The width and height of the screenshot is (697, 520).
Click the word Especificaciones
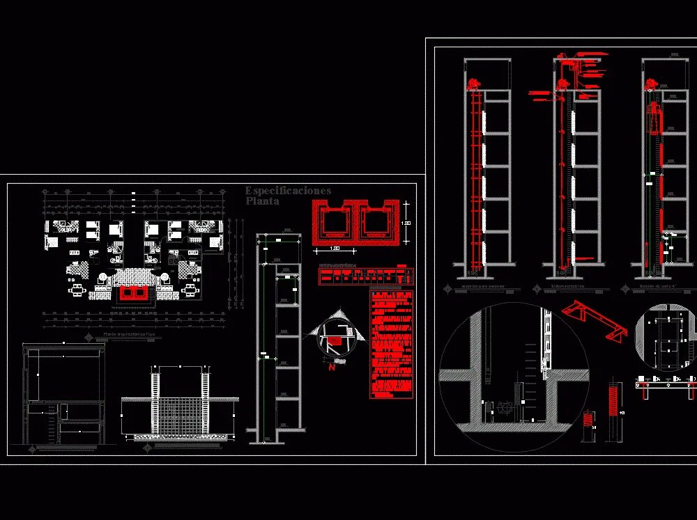tap(288, 191)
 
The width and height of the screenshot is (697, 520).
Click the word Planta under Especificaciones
tap(262, 202)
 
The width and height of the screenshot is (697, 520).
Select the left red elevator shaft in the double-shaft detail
tap(334, 222)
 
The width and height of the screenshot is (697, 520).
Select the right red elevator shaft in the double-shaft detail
tap(377, 222)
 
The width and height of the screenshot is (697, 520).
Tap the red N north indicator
tap(332, 368)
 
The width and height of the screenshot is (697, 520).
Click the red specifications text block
tap(392, 344)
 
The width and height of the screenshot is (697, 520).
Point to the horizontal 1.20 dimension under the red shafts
tap(335, 249)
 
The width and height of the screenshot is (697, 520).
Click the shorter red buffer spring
tap(589, 420)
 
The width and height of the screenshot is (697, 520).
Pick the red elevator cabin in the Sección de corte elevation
tap(655, 118)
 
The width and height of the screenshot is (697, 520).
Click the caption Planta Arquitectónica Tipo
tap(129, 336)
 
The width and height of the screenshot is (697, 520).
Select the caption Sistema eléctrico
tap(567, 286)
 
